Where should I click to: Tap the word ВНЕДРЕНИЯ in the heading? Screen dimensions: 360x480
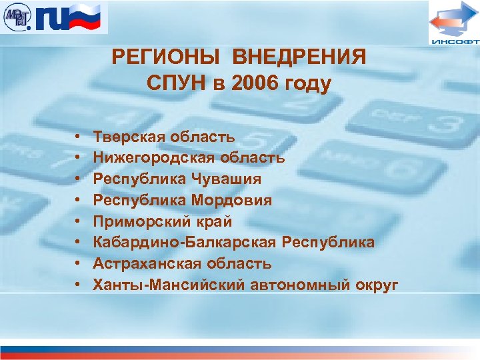point(299,57)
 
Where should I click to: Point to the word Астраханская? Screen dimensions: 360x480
point(143,263)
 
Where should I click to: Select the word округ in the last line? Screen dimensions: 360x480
point(376,285)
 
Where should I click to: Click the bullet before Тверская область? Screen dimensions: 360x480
point(78,137)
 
